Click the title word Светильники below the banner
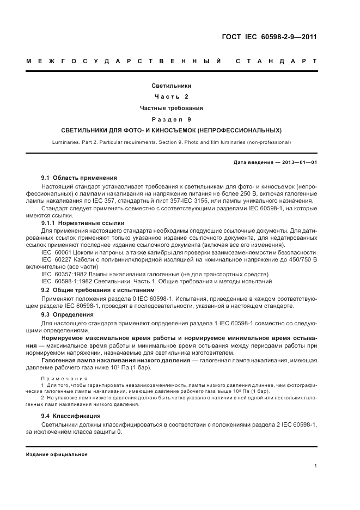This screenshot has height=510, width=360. pos(171,86)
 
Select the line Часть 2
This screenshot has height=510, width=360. pos(171,96)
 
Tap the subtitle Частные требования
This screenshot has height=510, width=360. pos(171,108)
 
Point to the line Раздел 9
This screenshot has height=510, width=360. pos(171,119)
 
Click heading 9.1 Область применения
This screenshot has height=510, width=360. pos(78,178)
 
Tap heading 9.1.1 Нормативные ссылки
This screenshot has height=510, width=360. pos(83,223)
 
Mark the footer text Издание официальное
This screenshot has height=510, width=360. pos(56,454)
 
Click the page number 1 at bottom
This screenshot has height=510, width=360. pos(316,466)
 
